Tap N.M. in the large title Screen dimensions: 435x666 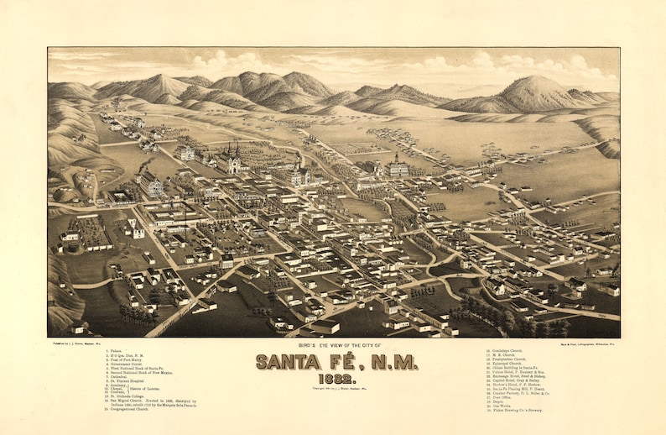point(388,361)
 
